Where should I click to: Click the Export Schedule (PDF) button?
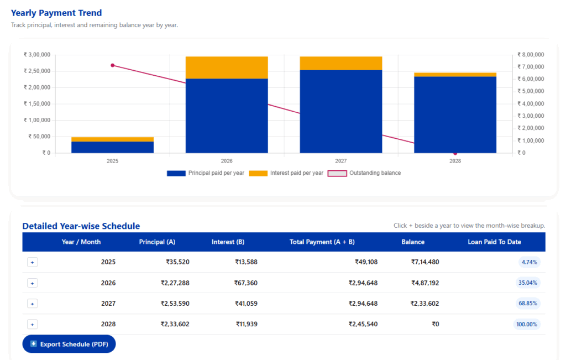pyautogui.click(x=69, y=344)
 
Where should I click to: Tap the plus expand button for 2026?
pyautogui.click(x=32, y=283)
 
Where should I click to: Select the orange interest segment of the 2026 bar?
pyautogui.click(x=227, y=67)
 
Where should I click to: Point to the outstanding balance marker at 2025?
pyautogui.click(x=113, y=65)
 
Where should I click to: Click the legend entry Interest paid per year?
pyautogui.click(x=286, y=173)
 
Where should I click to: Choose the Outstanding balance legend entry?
pyautogui.click(x=365, y=173)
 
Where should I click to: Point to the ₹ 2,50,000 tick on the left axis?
pyautogui.click(x=38, y=71)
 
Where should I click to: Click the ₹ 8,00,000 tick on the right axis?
pyautogui.click(x=531, y=55)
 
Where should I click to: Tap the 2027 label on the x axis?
pyautogui.click(x=341, y=161)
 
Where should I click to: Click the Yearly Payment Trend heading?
pyautogui.click(x=56, y=13)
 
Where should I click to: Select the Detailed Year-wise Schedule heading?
pyautogui.click(x=81, y=226)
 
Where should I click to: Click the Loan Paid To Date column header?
pyautogui.click(x=494, y=242)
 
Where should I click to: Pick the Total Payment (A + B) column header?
pyautogui.click(x=322, y=242)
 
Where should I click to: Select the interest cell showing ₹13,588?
pyautogui.click(x=246, y=262)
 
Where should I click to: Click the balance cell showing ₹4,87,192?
pyautogui.click(x=424, y=283)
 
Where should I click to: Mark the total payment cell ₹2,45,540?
pyautogui.click(x=363, y=325)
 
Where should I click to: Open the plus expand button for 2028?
pyautogui.click(x=32, y=325)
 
